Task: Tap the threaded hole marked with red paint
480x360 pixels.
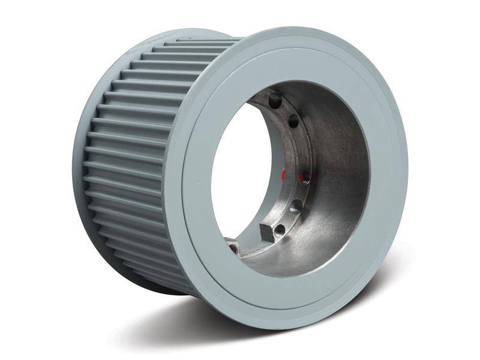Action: pyautogui.click(x=304, y=176)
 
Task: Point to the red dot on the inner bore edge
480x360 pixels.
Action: pyautogui.click(x=283, y=175)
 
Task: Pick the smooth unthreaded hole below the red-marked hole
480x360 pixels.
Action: pyautogui.click(x=296, y=205)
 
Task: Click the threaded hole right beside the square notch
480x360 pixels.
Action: pyautogui.click(x=279, y=229)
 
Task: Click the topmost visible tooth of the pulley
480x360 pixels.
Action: pyautogui.click(x=198, y=43)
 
